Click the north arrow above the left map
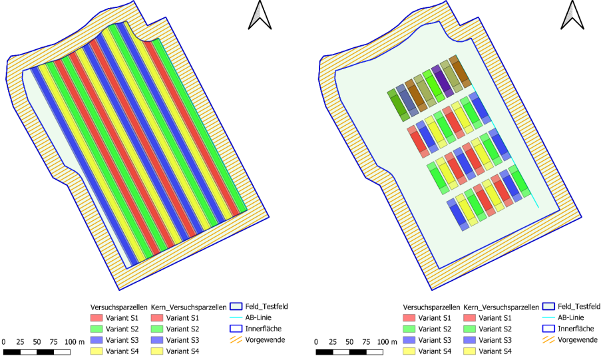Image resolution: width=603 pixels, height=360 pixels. pyautogui.click(x=260, y=15)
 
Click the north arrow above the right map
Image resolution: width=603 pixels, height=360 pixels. pyautogui.click(x=572, y=15)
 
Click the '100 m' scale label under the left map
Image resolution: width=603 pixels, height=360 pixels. pyautogui.click(x=75, y=341)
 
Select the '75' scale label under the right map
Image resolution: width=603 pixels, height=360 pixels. pyautogui.click(x=366, y=341)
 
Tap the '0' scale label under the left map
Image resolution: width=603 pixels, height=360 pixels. pyautogui.click(x=3, y=341)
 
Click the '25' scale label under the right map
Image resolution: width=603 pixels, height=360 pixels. pyautogui.click(x=333, y=341)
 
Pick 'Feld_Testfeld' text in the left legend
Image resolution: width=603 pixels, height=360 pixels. pyautogui.click(x=266, y=307)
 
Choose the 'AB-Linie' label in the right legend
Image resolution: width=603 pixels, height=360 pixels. pyautogui.click(x=570, y=317)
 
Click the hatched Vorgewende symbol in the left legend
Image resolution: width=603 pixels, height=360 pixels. pyautogui.click(x=236, y=339)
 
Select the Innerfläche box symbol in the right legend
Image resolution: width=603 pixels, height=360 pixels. pyautogui.click(x=549, y=329)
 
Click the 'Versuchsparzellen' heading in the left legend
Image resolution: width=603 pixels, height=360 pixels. pyautogui.click(x=119, y=307)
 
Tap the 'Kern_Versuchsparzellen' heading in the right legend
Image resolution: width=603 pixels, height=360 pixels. pyautogui.click(x=501, y=307)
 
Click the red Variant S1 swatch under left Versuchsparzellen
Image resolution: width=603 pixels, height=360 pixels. pyautogui.click(x=97, y=318)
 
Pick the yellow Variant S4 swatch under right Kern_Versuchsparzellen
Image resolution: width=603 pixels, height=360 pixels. pyautogui.click(x=470, y=351)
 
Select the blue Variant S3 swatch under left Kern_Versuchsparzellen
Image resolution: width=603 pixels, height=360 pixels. pyautogui.click(x=157, y=340)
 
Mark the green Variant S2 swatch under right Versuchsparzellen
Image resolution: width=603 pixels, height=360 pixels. pyautogui.click(x=409, y=329)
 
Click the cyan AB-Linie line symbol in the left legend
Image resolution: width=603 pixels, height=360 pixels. pyautogui.click(x=236, y=317)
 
